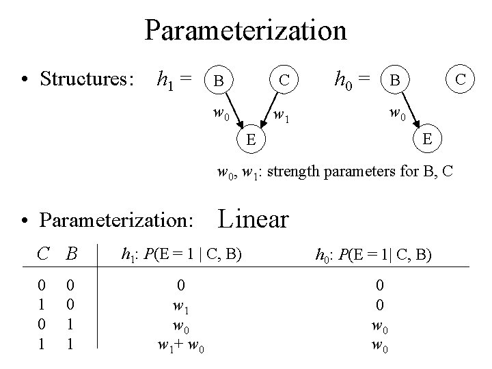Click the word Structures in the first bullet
[87, 79]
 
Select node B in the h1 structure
[218, 81]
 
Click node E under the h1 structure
[251, 141]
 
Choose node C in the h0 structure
[461, 79]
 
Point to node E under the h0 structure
[426, 139]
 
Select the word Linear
[253, 219]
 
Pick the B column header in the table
[69, 255]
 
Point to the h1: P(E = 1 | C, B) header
[181, 255]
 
